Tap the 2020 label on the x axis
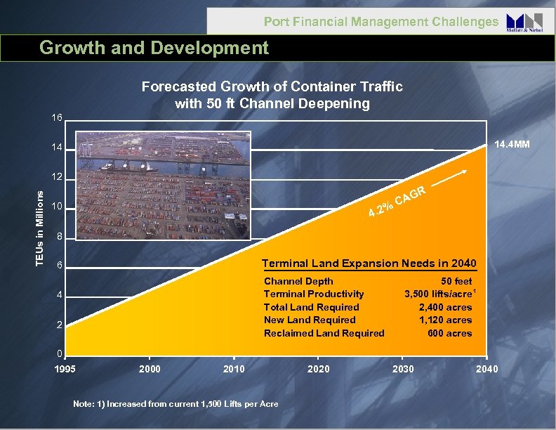318,369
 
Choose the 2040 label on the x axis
486,369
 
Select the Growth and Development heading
154,48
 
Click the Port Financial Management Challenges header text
380,22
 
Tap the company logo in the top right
524,22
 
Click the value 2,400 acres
445,307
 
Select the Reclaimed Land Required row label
324,333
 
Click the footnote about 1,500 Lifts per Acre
176,403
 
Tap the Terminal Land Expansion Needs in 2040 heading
369,263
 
